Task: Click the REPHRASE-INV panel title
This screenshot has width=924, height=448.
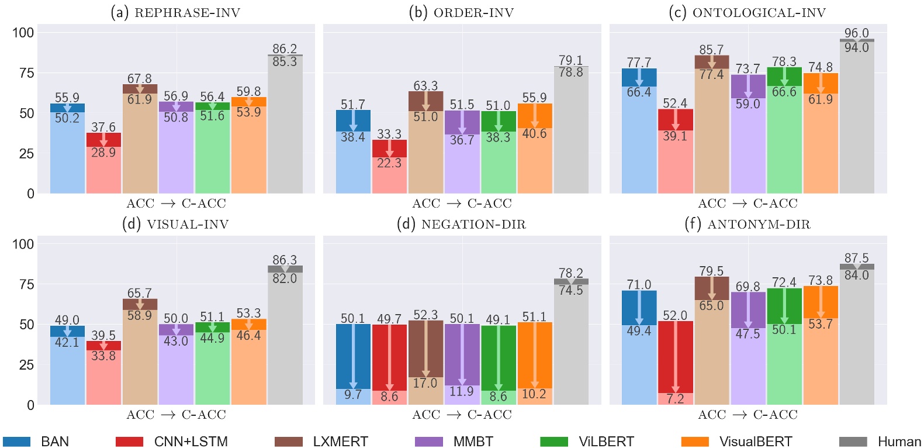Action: coord(175,12)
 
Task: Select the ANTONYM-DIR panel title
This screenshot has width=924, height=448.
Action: coord(747,224)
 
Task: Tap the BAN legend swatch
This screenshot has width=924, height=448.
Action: coord(16,442)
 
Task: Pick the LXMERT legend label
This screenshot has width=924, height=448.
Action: coord(340,442)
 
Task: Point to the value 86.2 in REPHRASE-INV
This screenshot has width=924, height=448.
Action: coord(285,49)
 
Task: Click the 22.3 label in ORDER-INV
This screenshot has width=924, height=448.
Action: coord(389,163)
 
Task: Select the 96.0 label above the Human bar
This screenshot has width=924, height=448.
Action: coord(857,33)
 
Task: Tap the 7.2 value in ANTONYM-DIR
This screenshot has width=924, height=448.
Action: coord(675,399)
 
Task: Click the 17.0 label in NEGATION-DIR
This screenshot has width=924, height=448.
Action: coord(425,383)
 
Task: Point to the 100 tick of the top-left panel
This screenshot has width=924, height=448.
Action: coord(23,33)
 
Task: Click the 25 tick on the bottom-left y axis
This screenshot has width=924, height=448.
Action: coord(26,365)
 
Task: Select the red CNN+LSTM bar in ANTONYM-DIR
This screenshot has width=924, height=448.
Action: coord(675,357)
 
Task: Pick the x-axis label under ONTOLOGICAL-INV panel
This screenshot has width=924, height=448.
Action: coord(747,204)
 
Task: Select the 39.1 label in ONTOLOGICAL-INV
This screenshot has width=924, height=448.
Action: coord(675,136)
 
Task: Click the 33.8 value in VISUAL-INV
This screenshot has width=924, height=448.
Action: coord(103,356)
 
